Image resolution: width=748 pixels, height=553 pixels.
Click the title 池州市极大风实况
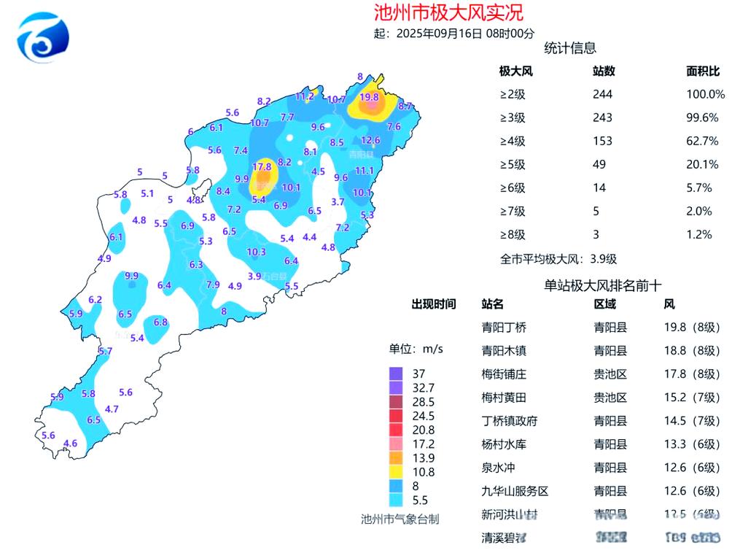point(448,12)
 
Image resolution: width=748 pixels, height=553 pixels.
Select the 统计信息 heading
point(570,48)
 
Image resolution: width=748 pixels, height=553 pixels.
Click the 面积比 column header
point(703,71)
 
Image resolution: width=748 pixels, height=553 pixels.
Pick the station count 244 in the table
point(602,94)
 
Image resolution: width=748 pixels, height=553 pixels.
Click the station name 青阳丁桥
point(504,327)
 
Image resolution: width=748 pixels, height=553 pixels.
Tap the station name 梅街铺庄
point(504,374)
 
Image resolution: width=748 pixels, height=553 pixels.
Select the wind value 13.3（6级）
point(691,444)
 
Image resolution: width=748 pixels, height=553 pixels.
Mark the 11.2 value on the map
point(305,96)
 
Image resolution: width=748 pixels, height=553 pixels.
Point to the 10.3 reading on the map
point(256,252)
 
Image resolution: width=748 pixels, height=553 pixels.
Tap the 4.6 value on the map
point(71,443)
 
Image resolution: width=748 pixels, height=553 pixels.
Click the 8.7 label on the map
point(405,107)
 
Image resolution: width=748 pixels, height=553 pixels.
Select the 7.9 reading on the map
point(213,285)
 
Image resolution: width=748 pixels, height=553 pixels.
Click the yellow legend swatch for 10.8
point(396,472)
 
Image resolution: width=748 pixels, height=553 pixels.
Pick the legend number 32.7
point(423,387)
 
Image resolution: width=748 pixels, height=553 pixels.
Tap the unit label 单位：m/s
point(416,349)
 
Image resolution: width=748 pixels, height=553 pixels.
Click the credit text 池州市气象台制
point(400,519)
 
